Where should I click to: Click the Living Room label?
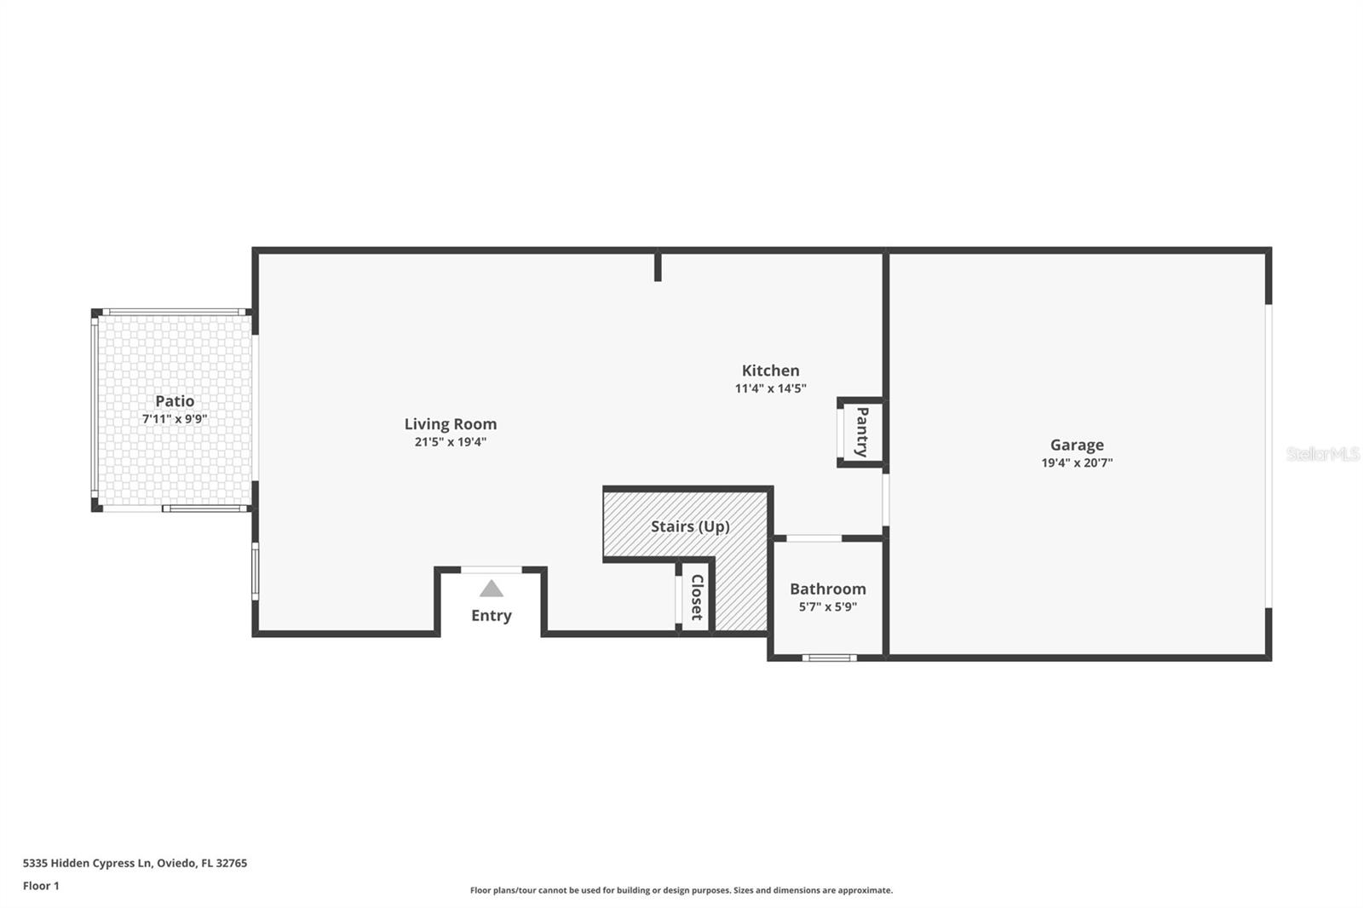point(450,424)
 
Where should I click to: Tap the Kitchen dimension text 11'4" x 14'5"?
point(770,388)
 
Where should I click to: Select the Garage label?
point(1077,445)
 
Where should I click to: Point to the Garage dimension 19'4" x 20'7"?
point(1077,463)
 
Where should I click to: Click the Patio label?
point(175,401)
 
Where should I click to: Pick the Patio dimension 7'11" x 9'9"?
point(175,419)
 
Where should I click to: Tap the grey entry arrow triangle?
point(492,589)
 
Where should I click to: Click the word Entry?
point(492,616)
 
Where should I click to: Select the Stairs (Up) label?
point(690,526)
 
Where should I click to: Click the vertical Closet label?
point(697,597)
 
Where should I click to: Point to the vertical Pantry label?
point(862,432)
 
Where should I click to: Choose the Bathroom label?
point(827,589)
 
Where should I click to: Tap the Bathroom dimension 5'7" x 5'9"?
point(827,607)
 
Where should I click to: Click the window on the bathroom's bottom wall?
point(830,658)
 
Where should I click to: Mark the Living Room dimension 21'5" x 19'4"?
point(450,442)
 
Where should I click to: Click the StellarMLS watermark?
point(1322,454)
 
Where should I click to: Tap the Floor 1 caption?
point(41,886)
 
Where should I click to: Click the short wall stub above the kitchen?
point(658,266)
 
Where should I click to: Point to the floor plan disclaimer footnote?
point(681,890)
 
